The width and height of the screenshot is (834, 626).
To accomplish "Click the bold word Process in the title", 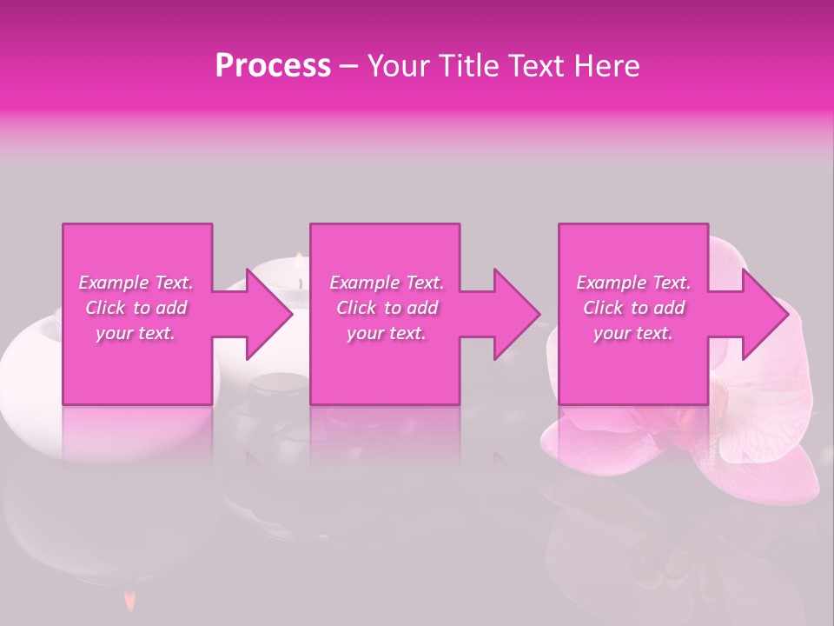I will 273,66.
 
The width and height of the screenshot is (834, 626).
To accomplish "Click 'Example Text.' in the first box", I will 136,283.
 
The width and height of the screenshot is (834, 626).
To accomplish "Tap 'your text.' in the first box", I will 136,333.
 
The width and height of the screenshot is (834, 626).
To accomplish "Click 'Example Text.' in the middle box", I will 387,283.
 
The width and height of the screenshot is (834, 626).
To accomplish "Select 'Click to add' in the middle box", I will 387,308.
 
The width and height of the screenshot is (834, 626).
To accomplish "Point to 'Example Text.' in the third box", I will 633,283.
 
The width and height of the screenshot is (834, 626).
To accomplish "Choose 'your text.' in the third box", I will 633,333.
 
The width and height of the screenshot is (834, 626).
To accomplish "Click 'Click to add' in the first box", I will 136,308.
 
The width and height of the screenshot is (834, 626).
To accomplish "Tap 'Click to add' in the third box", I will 633,308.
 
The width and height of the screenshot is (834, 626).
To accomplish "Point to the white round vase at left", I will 30,356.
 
